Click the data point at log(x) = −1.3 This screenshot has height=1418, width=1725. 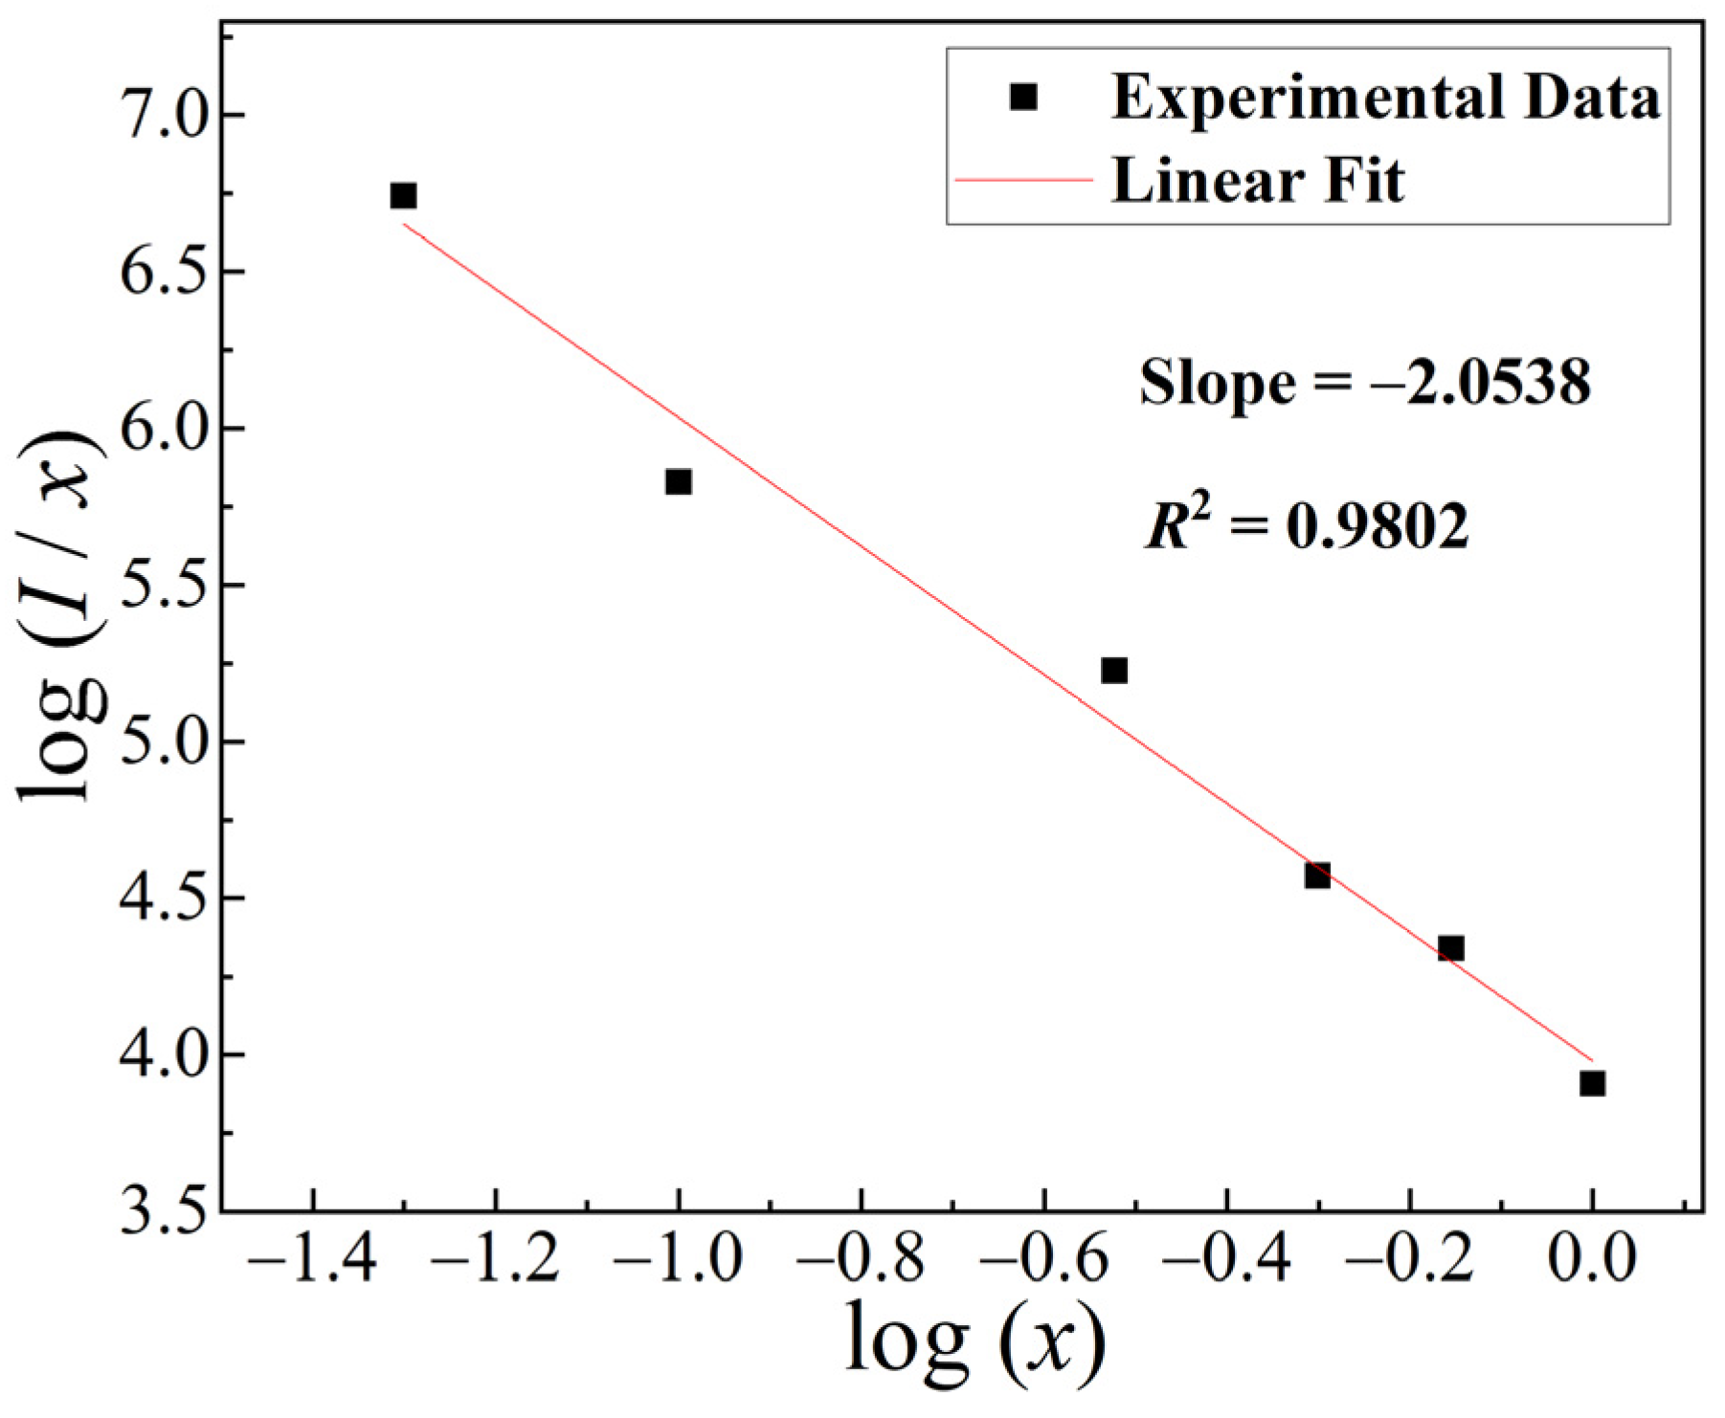click(403, 196)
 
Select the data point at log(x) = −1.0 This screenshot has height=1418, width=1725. click(678, 481)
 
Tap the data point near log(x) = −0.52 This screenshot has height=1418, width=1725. click(1113, 670)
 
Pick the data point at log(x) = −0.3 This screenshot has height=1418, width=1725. click(1317, 875)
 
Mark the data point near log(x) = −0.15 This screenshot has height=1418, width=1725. click(1450, 948)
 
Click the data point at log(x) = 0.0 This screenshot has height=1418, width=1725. click(1592, 1083)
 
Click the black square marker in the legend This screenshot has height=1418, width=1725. click(1023, 97)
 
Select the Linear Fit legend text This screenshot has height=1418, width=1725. click(1257, 180)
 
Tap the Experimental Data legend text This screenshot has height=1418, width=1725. click(1384, 98)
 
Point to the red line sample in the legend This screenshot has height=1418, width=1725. click(1023, 180)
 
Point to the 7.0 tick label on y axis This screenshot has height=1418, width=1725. click(164, 116)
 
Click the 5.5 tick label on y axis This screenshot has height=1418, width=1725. click(164, 586)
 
